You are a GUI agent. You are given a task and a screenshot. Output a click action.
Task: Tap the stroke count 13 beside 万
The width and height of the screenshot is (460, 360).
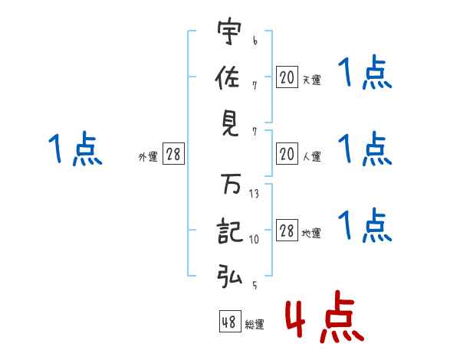click(254, 195)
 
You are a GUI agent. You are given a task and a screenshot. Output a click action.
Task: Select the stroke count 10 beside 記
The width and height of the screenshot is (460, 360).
click(254, 240)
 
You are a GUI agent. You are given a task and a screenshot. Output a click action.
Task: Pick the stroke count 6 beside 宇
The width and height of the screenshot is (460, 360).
click(254, 40)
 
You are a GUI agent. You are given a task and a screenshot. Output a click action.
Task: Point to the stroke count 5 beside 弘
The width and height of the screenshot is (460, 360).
click(253, 285)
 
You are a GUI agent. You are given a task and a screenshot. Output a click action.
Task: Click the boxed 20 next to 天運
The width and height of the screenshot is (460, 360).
click(286, 78)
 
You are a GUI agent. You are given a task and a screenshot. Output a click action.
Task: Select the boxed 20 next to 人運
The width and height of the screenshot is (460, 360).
click(286, 155)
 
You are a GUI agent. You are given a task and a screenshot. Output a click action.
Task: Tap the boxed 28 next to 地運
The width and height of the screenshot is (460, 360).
click(286, 231)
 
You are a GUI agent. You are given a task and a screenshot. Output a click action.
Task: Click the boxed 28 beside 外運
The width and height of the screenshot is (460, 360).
click(172, 155)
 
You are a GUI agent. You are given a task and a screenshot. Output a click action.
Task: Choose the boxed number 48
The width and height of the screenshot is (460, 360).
click(229, 322)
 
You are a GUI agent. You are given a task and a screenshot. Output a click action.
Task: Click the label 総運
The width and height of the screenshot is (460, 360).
click(255, 324)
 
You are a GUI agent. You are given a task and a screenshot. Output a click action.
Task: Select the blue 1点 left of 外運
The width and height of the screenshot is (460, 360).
click(74, 148)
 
